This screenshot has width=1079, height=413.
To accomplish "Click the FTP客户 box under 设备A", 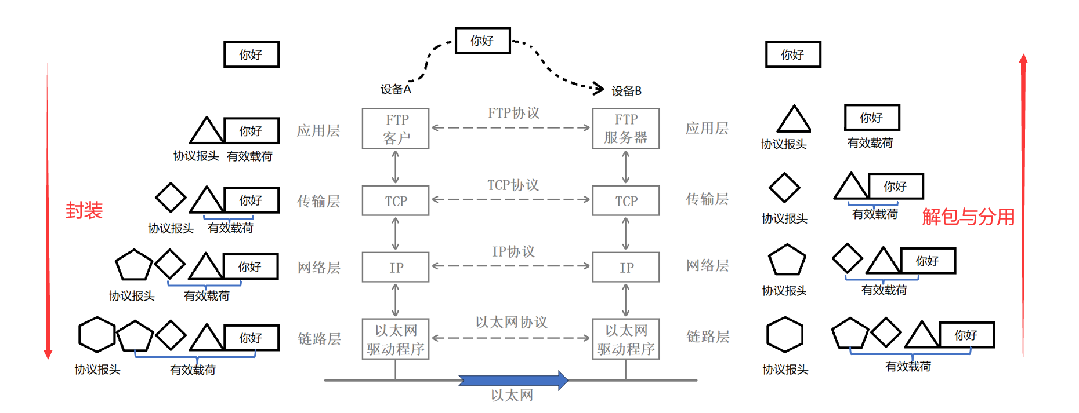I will [x=396, y=129].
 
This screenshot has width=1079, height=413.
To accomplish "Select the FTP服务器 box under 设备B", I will [x=625, y=129].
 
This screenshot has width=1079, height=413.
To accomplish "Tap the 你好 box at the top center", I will [x=483, y=41].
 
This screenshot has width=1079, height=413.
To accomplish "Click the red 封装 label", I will [x=84, y=210].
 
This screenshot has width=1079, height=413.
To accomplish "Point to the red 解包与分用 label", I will [x=968, y=217].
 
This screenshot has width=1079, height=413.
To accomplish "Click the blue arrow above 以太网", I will [x=513, y=380].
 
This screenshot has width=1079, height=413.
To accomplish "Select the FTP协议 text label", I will [x=513, y=113].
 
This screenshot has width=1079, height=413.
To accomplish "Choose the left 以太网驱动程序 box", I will [x=396, y=339].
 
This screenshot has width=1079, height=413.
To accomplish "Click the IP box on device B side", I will [x=626, y=267].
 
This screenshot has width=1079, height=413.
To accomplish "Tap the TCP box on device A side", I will [x=396, y=200].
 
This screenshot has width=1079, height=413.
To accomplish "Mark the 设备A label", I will [x=395, y=89].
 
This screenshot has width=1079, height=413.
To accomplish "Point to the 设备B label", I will [x=627, y=91].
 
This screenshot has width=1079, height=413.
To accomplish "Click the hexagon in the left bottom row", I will [x=97, y=334].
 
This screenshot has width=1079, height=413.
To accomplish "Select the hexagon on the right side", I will [x=784, y=334].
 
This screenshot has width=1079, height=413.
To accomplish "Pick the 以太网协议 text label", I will [x=511, y=322].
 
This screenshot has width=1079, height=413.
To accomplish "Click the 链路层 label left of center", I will [x=318, y=339].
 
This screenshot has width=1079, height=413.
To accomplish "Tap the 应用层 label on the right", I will [x=707, y=129].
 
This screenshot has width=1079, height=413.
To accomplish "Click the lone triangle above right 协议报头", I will [x=794, y=120].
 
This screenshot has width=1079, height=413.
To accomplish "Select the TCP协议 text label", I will [x=513, y=185].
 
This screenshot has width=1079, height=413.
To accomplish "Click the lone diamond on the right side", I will [x=784, y=188].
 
